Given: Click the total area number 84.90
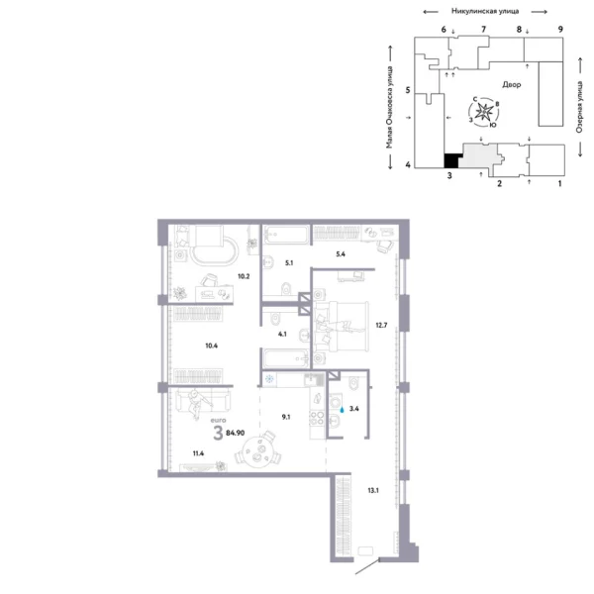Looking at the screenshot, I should pyautogui.click(x=236, y=432).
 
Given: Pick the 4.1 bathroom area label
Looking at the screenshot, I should pyautogui.click(x=282, y=334).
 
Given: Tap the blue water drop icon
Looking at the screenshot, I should pyautogui.click(x=343, y=406).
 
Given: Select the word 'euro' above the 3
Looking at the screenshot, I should pyautogui.click(x=218, y=420).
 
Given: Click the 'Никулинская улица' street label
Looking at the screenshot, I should pyautogui.click(x=485, y=10).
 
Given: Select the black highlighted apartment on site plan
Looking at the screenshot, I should pyautogui.click(x=451, y=159).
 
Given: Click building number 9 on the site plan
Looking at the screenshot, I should pyautogui.click(x=560, y=31).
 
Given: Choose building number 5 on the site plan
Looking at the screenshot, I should pyautogui.click(x=408, y=90).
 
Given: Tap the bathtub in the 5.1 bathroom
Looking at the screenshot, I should pyautogui.click(x=286, y=238).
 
